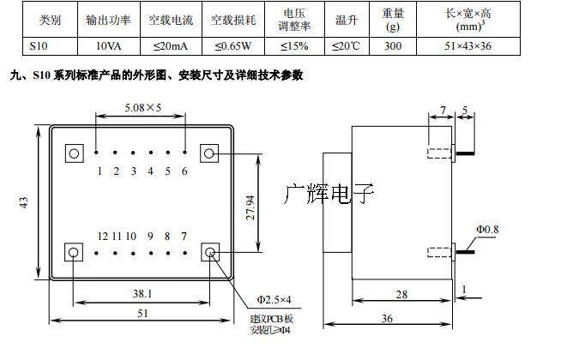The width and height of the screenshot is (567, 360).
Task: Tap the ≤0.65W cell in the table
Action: (x=232, y=45)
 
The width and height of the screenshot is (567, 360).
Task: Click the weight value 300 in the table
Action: (x=393, y=45)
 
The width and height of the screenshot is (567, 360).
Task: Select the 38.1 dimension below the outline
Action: (x=142, y=293)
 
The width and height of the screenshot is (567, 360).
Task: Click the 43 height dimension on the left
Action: (x=25, y=203)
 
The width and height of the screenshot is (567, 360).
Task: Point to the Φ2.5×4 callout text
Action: (x=275, y=299)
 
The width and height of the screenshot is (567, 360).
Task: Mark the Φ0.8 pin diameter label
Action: (x=488, y=229)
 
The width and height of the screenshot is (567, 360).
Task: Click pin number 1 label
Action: (x=100, y=171)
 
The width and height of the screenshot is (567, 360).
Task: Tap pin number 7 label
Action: (x=184, y=236)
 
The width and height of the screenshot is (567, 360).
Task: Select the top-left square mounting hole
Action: (x=74, y=153)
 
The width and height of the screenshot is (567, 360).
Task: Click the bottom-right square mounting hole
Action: (x=210, y=253)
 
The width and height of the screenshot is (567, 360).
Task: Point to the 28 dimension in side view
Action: (x=400, y=294)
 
